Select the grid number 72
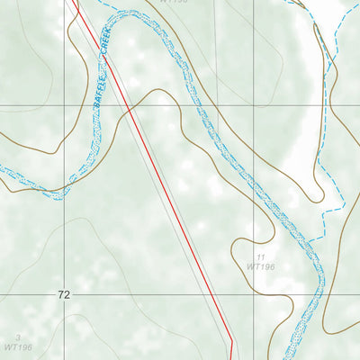[63, 294]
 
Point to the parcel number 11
[261, 257]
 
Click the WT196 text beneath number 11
[261, 267]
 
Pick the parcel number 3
[17, 337]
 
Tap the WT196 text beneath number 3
[17, 346]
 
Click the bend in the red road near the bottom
[231, 340]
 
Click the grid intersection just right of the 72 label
[65, 294]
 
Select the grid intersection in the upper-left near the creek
[65, 105]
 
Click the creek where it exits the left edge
[2, 170]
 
